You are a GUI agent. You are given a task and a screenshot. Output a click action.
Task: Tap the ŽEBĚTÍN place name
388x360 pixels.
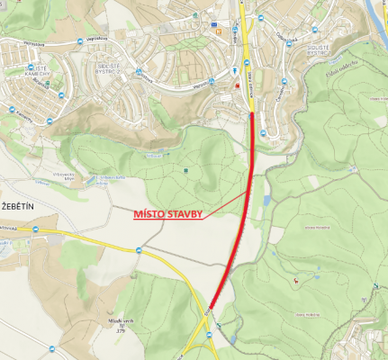coord(18,207)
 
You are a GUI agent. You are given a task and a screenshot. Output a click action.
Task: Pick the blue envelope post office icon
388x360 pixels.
coord(213,25)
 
